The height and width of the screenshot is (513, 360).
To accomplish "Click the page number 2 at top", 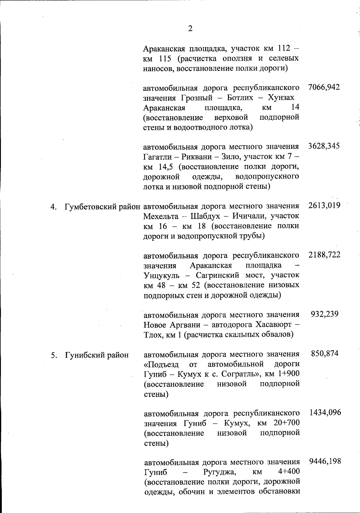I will (x=190, y=29).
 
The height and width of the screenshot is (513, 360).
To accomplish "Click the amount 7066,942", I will (x=324, y=87).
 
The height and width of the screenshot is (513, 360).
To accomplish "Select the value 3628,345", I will (x=324, y=146).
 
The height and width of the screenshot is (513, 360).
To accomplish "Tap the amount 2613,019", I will (x=324, y=206).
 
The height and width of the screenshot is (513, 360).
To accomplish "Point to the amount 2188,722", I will (x=324, y=255).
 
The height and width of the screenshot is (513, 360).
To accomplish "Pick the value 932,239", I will (x=325, y=314).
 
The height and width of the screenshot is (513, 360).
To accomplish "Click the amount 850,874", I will (x=325, y=353).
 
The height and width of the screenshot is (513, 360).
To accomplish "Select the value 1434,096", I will (x=325, y=412).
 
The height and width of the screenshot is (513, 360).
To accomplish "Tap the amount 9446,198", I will (x=325, y=461).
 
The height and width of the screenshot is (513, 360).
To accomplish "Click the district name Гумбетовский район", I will (x=103, y=207).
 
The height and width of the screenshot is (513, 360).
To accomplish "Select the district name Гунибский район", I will (x=97, y=355).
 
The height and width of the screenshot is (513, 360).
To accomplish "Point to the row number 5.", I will (x=53, y=355).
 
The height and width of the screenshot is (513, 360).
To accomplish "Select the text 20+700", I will (x=286, y=423).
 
